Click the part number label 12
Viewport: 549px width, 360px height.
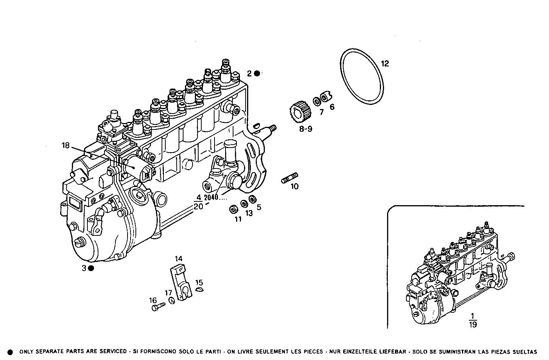384,64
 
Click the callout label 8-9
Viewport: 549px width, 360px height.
306,129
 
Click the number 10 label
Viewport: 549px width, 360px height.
294,186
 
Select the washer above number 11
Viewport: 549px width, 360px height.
234,209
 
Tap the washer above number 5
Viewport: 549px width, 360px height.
252,199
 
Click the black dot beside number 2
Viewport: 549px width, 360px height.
257,73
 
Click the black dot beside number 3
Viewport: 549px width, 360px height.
91,268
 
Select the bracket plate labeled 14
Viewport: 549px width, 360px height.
179,282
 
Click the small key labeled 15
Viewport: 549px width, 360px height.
199,290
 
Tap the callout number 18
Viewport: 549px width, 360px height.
66,145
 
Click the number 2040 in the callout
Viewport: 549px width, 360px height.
212,197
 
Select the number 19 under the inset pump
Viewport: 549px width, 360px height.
473,324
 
